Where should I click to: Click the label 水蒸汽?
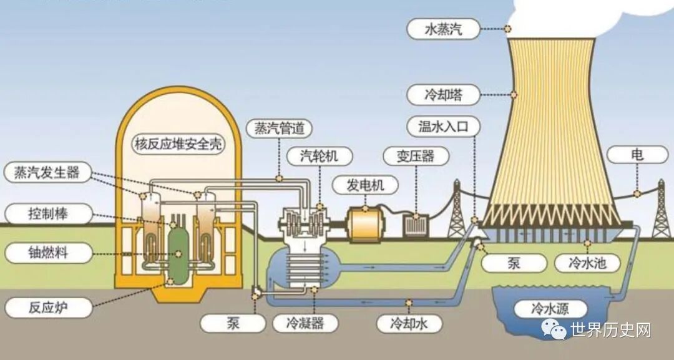444,29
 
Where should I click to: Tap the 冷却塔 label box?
444,95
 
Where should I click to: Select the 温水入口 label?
443,127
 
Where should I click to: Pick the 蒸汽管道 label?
279,129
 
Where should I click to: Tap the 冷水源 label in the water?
550,308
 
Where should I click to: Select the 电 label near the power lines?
637,154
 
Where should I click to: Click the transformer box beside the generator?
416,224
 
